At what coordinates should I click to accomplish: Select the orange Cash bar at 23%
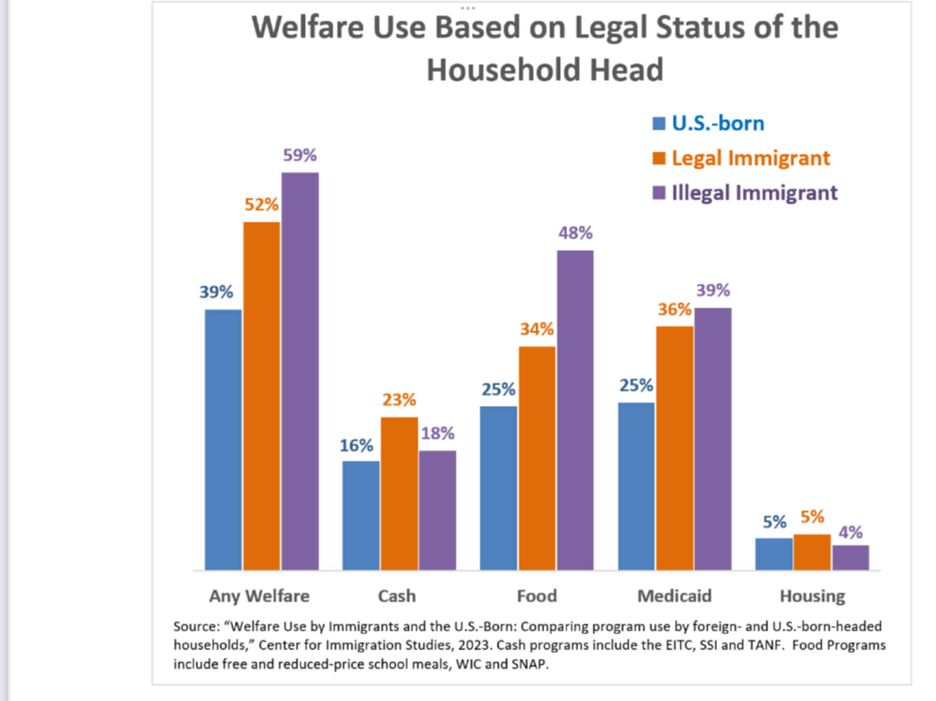[x=399, y=493]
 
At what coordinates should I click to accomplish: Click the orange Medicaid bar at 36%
[x=675, y=448]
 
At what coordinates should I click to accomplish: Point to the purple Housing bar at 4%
[x=851, y=558]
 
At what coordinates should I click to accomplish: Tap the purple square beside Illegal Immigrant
[x=659, y=193]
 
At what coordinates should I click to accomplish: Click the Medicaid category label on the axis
[x=675, y=596]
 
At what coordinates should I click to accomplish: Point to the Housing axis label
[x=812, y=596]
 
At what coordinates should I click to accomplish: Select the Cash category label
[x=397, y=596]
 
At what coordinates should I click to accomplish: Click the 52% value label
[x=261, y=205]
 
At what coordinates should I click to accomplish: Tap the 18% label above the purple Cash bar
[x=438, y=433]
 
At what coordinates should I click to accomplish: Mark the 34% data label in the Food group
[x=537, y=329]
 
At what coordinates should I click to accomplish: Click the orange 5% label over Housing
[x=812, y=517]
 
